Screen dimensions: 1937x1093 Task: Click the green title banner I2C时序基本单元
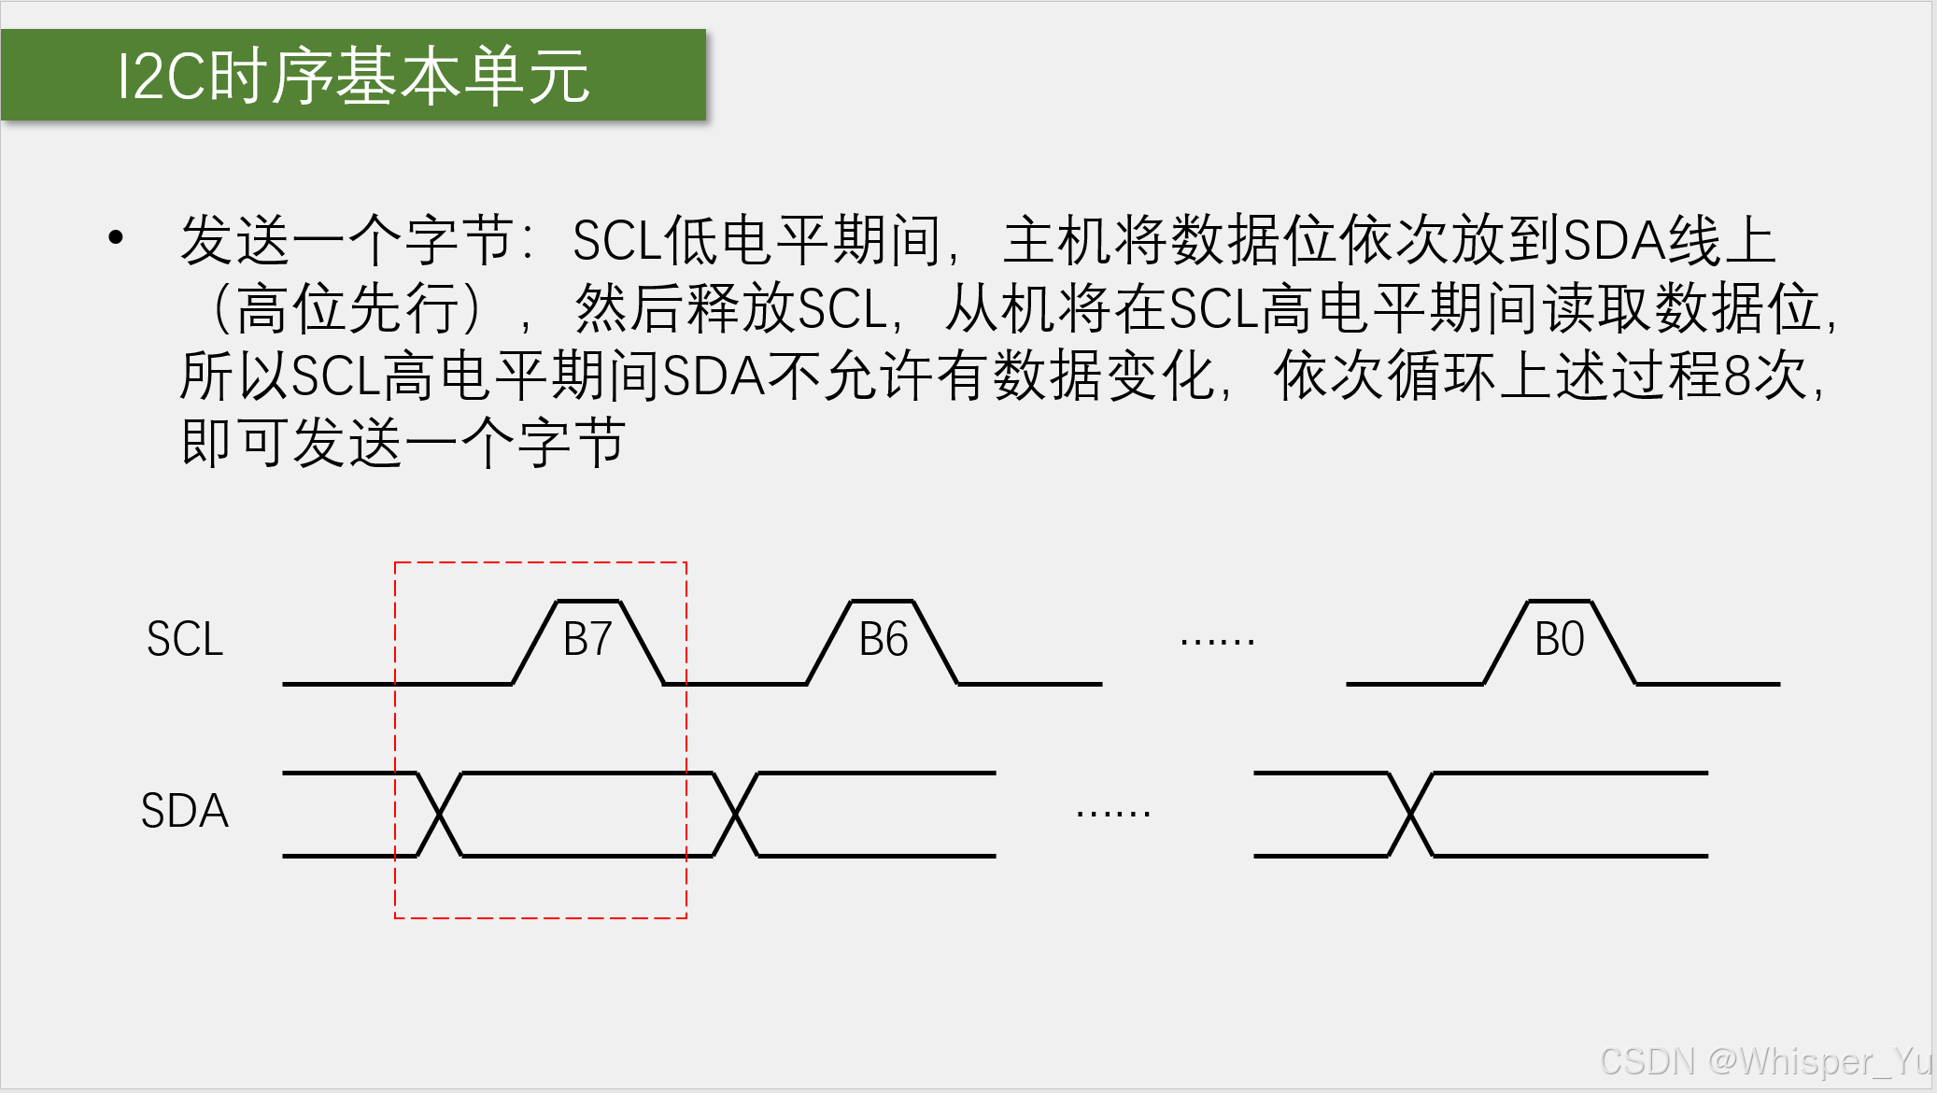pyautogui.click(x=353, y=76)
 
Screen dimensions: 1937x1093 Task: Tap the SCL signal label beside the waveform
pyautogui.click(x=185, y=640)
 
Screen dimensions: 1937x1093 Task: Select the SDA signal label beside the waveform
pyautogui.click(x=185, y=811)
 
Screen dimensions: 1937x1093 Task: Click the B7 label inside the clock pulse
pyautogui.click(x=587, y=640)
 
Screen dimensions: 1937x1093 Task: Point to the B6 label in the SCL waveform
pyautogui.click(x=883, y=640)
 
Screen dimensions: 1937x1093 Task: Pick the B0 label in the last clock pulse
pyautogui.click(x=1559, y=640)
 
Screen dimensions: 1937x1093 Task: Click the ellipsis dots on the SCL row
pyautogui.click(x=1217, y=642)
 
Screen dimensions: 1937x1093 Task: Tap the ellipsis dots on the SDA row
pyautogui.click(x=1112, y=814)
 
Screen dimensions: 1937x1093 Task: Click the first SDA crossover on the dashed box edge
pyautogui.click(x=439, y=815)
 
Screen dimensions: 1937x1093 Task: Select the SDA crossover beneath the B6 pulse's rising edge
pyautogui.click(x=735, y=815)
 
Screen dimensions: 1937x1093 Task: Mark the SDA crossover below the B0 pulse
pyautogui.click(x=1410, y=815)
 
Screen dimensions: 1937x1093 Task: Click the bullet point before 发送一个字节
pyautogui.click(x=116, y=237)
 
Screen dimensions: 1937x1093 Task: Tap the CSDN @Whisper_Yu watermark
pyautogui.click(x=1765, y=1061)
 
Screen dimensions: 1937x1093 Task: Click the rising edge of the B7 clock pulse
pyautogui.click(x=535, y=643)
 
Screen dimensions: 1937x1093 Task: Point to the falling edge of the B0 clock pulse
pyautogui.click(x=1614, y=643)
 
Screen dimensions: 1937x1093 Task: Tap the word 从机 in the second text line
pyautogui.click(x=999, y=309)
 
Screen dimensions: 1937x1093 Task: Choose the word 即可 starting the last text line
pyautogui.click(x=234, y=443)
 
